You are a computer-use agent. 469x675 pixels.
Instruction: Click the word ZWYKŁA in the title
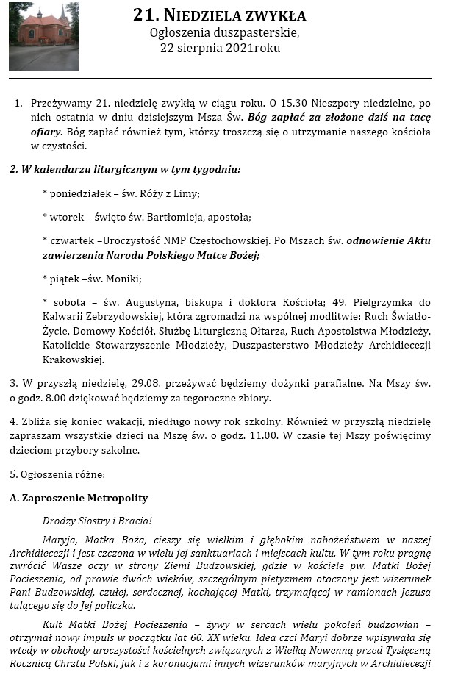(x=273, y=16)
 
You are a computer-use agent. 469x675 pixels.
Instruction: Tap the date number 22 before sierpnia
(x=168, y=49)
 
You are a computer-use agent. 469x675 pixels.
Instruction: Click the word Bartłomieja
(x=171, y=217)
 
